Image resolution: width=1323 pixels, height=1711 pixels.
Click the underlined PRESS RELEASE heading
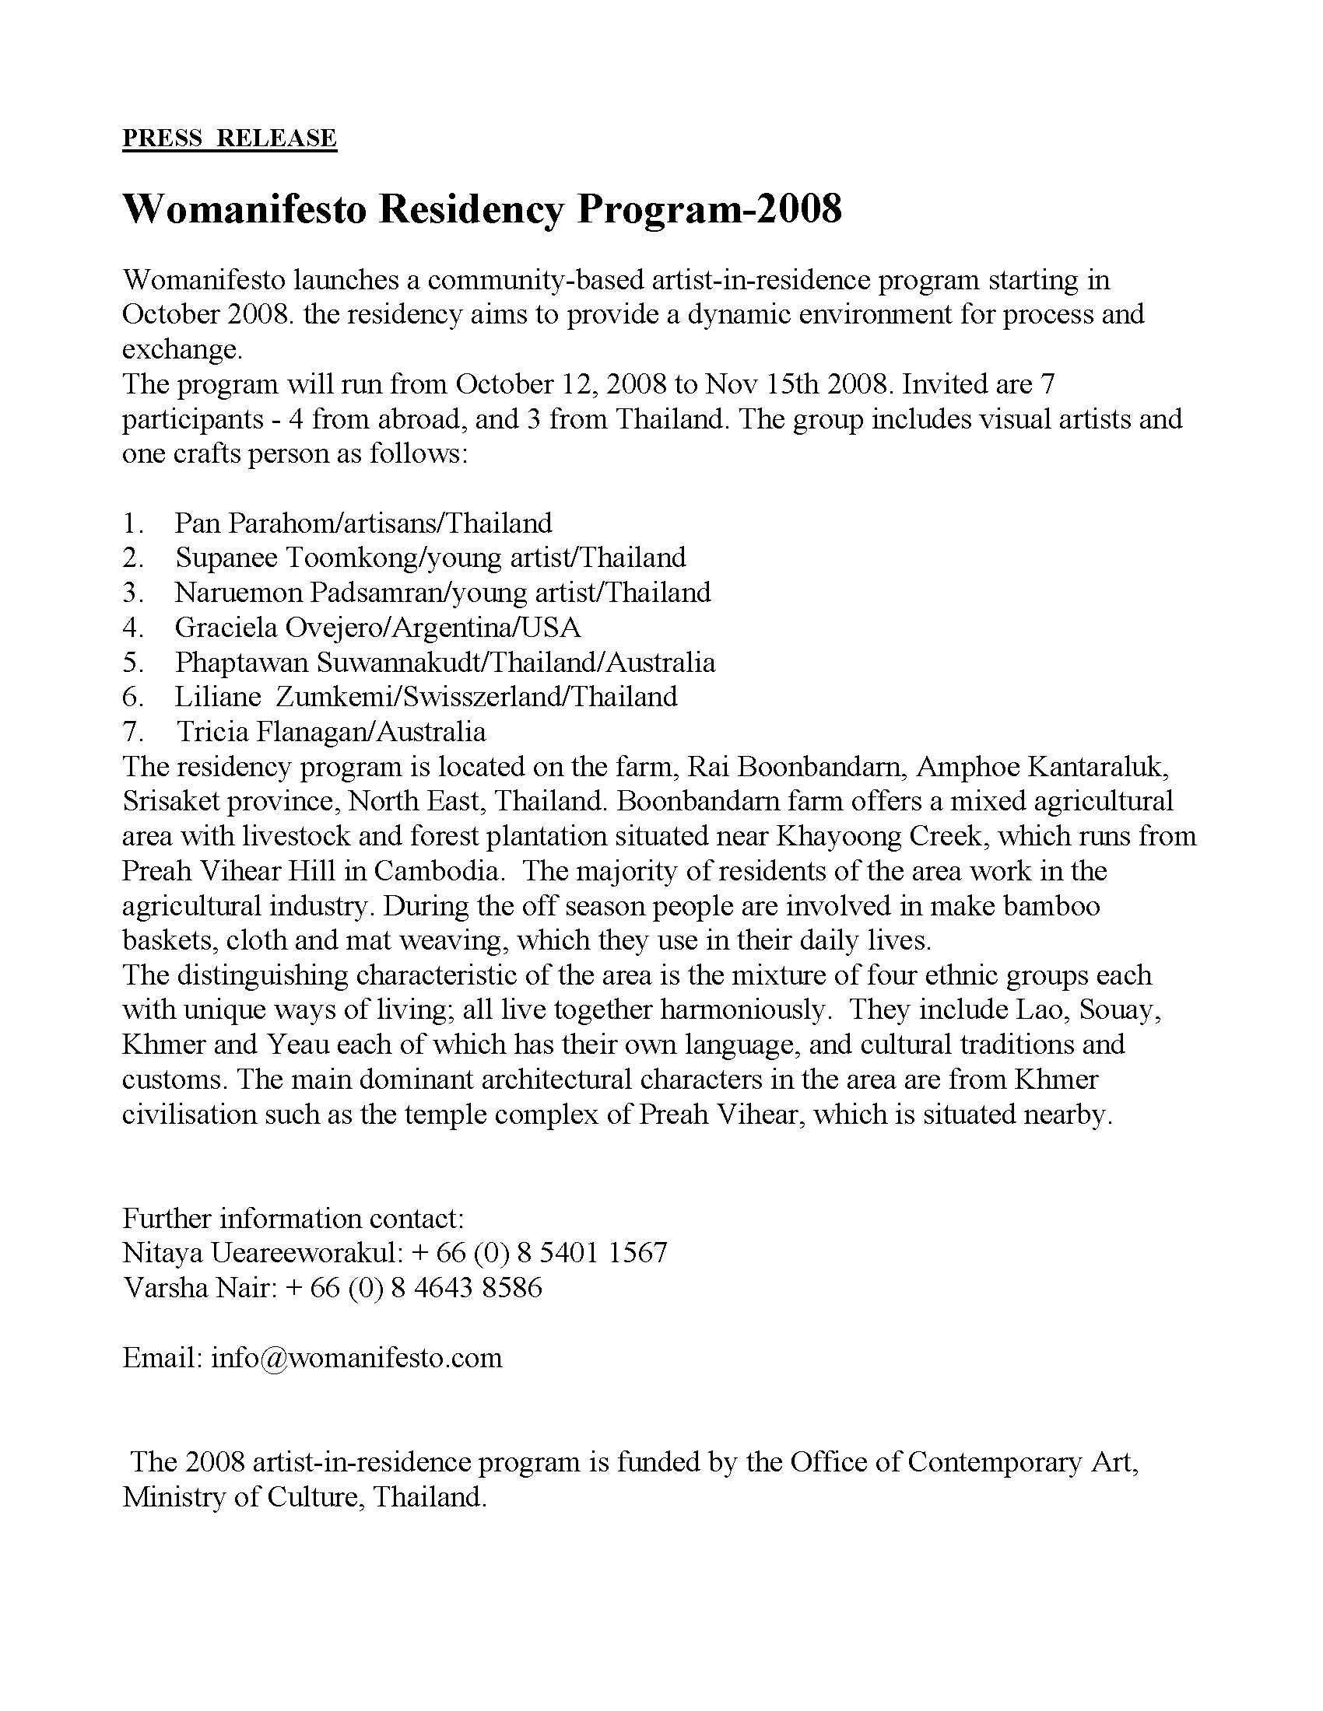tap(229, 138)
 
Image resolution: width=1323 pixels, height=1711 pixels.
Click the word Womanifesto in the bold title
tap(244, 209)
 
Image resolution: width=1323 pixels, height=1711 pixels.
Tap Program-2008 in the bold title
tap(709, 209)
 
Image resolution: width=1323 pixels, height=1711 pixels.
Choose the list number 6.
tap(132, 697)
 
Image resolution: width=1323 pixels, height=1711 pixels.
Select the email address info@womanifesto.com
tap(356, 1357)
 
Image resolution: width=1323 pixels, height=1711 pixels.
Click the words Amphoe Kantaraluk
tap(1041, 766)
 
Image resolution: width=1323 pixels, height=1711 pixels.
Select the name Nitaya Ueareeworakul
tap(262, 1253)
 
